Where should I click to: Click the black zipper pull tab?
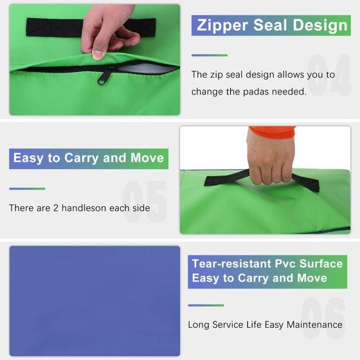click(x=104, y=76)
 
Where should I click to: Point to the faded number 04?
click(x=328, y=75)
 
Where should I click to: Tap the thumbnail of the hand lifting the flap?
click(x=94, y=59)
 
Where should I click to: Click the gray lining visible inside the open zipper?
click(x=147, y=69)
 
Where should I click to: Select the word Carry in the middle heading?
click(x=82, y=158)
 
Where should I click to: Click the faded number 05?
click(x=144, y=202)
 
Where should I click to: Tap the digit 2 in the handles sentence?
click(x=56, y=208)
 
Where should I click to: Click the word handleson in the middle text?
click(x=84, y=208)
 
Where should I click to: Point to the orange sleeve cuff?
click(x=273, y=132)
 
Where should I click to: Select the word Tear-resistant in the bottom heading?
click(x=231, y=264)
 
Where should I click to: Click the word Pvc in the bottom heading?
click(x=285, y=264)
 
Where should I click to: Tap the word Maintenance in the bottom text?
click(x=314, y=325)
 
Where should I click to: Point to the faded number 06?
click(x=324, y=318)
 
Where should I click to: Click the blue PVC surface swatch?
click(x=94, y=301)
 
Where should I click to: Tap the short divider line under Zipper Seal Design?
click(x=210, y=55)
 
